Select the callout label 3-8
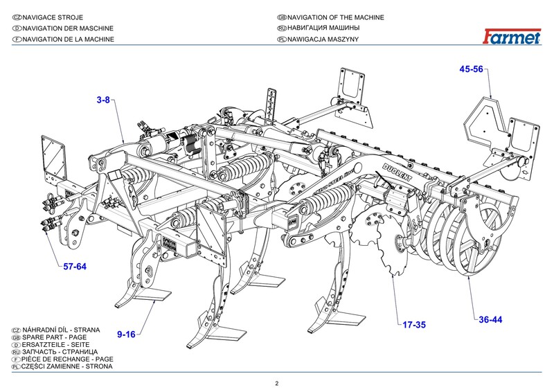(104, 100)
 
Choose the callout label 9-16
(125, 335)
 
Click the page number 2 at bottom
(276, 383)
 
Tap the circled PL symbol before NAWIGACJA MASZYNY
(281, 39)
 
